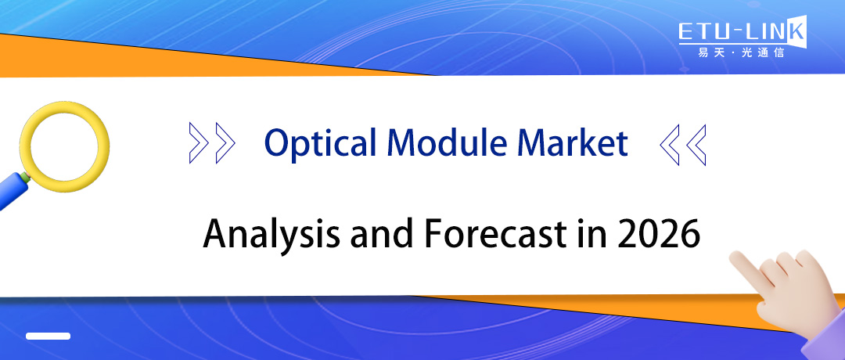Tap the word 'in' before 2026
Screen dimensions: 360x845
591,234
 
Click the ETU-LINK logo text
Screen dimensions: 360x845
739,32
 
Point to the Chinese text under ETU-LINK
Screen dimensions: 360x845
740,53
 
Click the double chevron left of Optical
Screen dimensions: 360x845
212,143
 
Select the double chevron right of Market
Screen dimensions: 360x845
683,143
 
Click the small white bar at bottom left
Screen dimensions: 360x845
48,336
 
